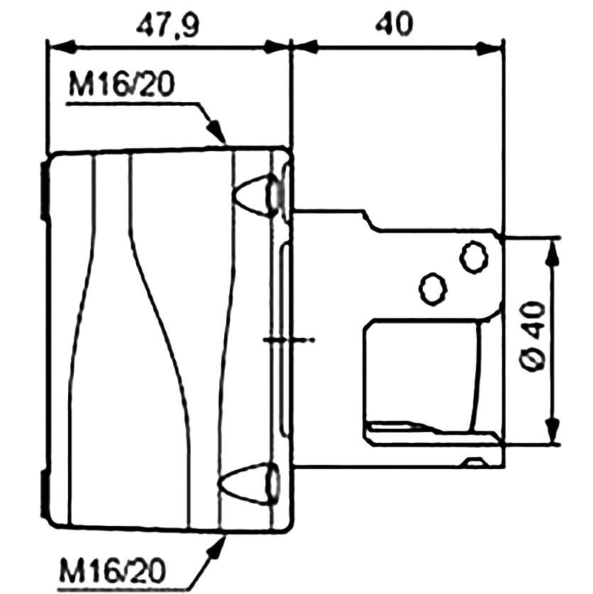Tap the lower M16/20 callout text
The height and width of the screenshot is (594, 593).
113,568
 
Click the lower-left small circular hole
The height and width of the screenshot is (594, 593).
433,288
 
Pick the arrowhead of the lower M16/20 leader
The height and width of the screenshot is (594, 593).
217,544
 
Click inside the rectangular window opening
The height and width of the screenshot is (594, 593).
419,369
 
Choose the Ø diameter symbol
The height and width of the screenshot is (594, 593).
534,361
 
